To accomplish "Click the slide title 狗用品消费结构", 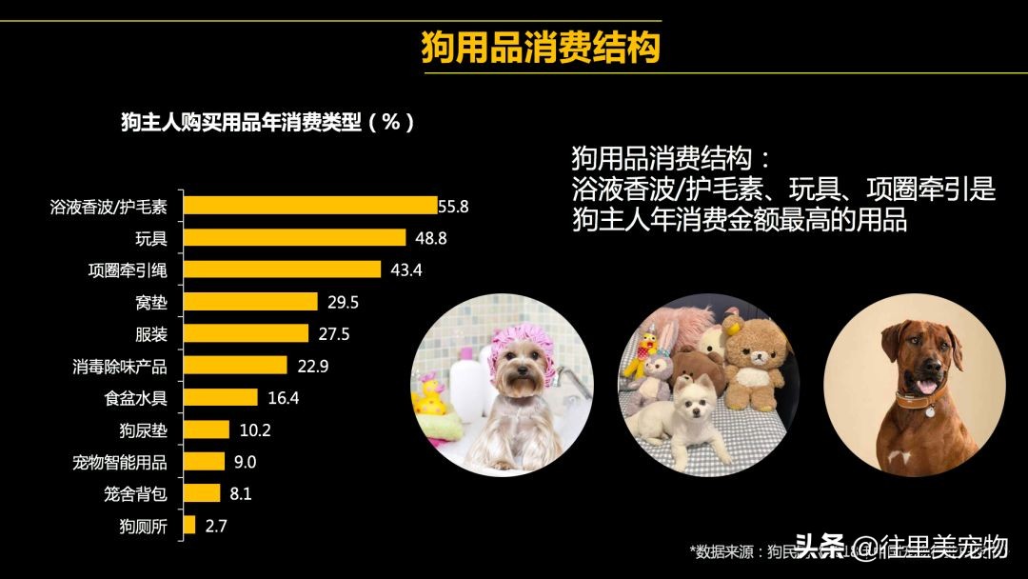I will point(541,47).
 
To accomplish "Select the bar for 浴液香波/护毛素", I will point(309,205).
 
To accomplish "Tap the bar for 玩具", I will point(293,237).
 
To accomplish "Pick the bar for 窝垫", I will point(249,302).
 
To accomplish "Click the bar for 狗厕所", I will point(188,525).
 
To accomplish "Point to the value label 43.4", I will point(405,270).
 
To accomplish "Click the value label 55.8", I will point(454,206).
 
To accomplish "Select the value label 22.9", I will point(312,366).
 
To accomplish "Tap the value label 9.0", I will point(246,462).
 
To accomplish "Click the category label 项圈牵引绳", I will point(128,270).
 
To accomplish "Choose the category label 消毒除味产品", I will point(120,366).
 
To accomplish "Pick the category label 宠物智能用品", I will point(120,462).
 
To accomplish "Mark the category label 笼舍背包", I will point(135,493).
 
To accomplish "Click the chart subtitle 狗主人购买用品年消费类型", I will point(267,122).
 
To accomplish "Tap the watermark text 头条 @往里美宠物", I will point(900,547).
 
